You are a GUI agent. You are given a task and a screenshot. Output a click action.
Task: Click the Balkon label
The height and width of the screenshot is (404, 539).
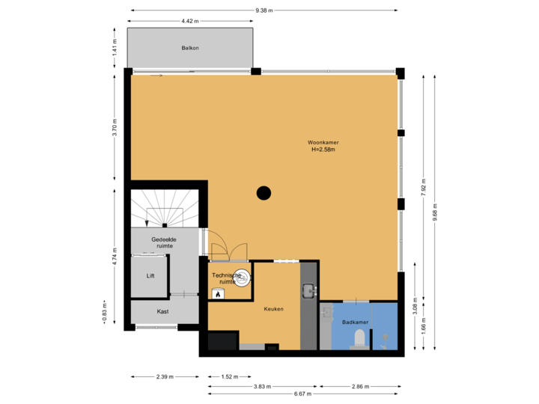coord(189,48)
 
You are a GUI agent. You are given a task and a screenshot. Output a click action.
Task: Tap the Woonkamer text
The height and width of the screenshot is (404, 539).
coord(323,142)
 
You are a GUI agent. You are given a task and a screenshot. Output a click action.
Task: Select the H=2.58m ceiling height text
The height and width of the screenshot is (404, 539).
coord(323,150)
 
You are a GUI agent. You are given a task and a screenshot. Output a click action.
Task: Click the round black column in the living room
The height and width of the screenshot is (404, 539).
coord(264,193)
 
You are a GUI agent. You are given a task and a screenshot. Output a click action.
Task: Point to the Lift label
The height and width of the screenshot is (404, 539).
coord(150,275)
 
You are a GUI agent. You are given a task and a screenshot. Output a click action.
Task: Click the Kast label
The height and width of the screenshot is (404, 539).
coord(162,311)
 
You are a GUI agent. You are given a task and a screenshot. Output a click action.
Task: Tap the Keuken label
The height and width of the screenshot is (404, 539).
coord(273,308)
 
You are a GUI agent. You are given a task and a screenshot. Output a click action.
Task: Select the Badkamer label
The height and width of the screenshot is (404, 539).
coord(356,322)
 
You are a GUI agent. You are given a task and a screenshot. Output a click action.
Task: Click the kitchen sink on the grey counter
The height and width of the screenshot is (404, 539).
coord(308,288)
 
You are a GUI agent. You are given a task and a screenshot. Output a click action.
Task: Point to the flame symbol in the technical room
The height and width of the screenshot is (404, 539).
coord(218,295)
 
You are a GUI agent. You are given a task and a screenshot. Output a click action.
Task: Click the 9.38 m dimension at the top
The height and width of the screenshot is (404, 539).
coord(264,10)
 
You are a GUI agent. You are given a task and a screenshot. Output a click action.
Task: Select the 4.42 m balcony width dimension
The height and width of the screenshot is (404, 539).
coord(189,21)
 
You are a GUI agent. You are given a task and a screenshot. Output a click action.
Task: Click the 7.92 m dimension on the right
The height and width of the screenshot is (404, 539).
coord(424,185)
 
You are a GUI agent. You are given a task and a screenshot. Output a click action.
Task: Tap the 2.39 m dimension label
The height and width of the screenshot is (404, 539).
coord(165,377)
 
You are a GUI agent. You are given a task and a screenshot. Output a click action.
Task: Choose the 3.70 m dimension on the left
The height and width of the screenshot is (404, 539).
coord(115,125)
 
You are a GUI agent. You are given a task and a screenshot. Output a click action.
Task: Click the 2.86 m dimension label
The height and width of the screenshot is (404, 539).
coord(361,386)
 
